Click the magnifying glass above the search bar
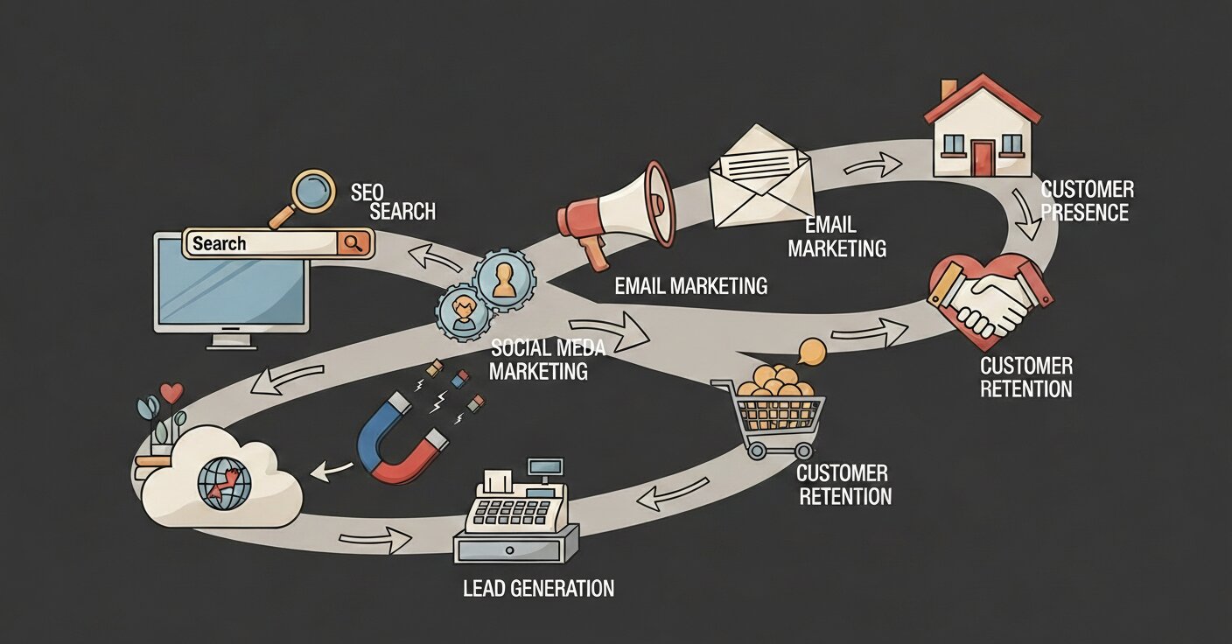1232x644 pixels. click(311, 190)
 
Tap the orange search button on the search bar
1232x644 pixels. click(353, 243)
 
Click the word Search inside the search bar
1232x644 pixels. click(220, 243)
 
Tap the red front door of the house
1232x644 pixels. click(983, 158)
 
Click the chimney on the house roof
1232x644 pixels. click(948, 90)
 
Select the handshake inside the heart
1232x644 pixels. click(991, 297)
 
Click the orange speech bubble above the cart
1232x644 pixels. click(813, 352)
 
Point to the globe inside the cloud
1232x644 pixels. click(224, 483)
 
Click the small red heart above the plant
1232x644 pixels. click(171, 392)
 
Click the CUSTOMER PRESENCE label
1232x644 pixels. click(1087, 201)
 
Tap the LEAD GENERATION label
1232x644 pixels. click(538, 588)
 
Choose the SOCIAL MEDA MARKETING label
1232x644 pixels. click(547, 359)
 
